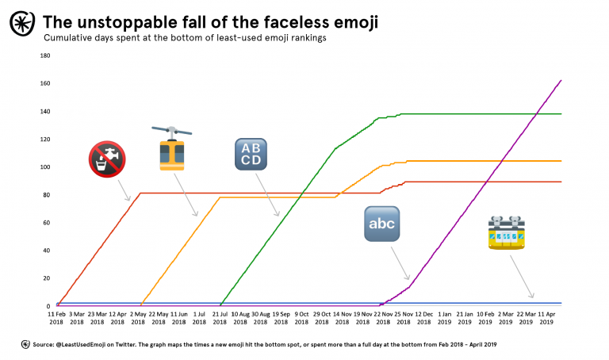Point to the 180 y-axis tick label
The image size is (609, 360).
click(45, 56)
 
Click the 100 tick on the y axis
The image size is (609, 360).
click(45, 167)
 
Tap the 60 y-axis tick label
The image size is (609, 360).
click(47, 223)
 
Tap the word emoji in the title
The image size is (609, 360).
click(350, 22)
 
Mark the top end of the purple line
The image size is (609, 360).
click(561, 80)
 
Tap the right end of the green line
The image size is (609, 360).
click(561, 113)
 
